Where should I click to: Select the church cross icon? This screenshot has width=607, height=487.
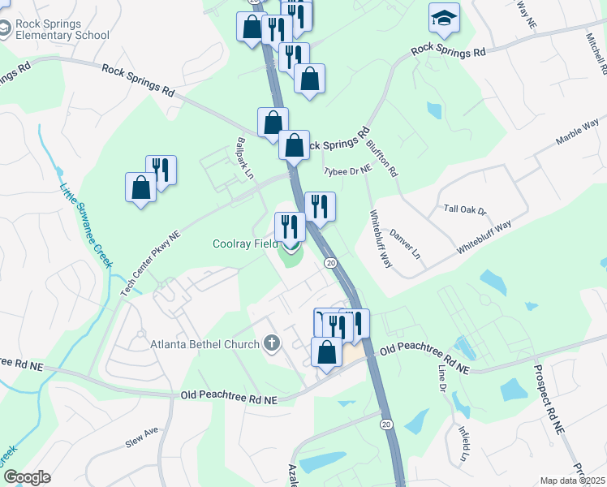point(271,343)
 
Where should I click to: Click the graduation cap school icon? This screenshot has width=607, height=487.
point(444,18)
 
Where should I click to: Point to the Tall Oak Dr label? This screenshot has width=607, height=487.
point(464,209)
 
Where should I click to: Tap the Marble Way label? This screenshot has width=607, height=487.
point(577,132)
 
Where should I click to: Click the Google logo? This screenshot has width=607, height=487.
point(26,477)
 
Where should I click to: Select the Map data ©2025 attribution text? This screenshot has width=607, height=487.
point(572,481)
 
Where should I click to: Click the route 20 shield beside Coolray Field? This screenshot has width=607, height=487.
point(331,263)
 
